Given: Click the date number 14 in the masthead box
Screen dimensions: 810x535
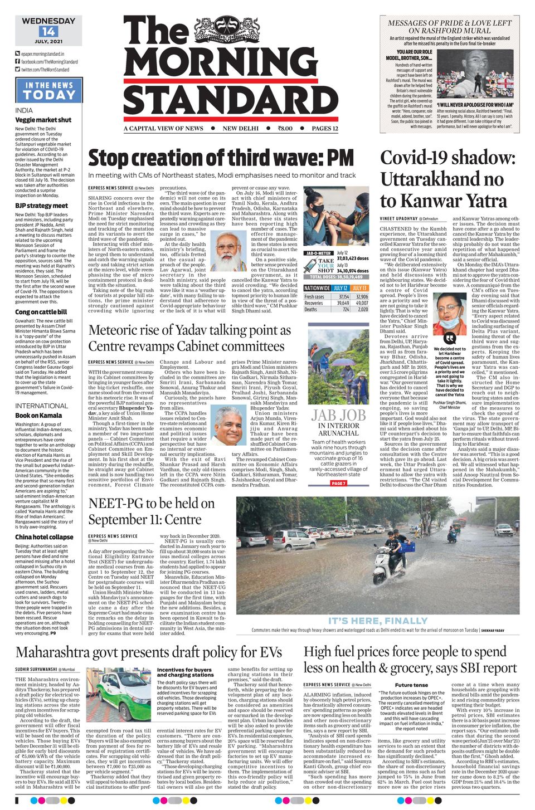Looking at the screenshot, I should [48, 32].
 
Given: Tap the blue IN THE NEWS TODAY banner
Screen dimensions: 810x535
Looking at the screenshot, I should [49, 90].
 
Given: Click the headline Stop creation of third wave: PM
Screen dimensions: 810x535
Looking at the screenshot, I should [221, 159].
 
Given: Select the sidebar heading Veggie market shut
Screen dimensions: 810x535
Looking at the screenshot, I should [43, 120].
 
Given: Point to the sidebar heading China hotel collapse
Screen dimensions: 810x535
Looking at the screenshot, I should [44, 537].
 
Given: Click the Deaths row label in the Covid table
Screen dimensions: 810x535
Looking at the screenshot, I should [311, 309].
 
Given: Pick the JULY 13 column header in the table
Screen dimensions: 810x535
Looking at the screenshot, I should [359, 288].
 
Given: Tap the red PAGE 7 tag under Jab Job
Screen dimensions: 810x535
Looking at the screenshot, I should [338, 483].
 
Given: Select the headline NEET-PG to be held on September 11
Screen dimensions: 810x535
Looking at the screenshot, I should [152, 511].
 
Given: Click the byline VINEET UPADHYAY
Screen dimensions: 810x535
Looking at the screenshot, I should [398, 219].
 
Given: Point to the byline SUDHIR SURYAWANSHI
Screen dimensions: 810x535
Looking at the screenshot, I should [36, 669].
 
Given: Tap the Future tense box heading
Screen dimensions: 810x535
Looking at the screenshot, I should [411, 685].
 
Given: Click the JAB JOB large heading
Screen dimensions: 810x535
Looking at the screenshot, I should [338, 415].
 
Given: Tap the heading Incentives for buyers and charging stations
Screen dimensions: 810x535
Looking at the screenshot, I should [185, 672].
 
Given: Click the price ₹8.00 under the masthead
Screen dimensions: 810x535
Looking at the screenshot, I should [285, 128].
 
